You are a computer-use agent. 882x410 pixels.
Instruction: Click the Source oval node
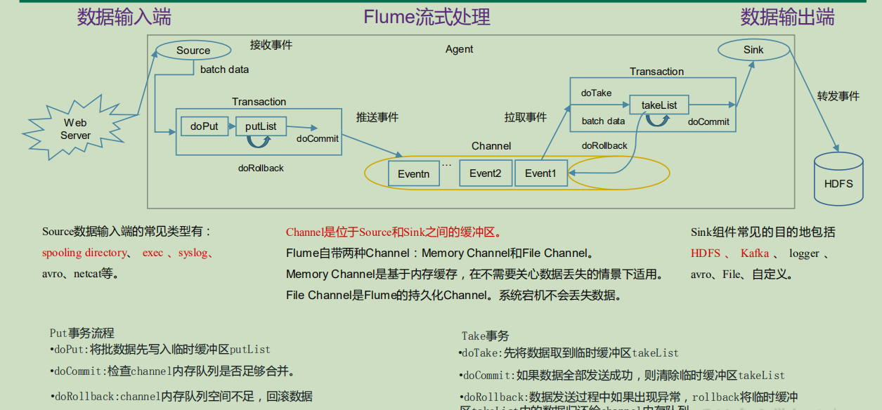tap(193, 50)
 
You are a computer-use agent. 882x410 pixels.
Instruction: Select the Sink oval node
tap(753, 50)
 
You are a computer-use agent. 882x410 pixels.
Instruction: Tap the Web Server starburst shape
tap(75, 129)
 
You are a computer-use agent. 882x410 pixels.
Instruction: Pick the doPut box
tap(204, 126)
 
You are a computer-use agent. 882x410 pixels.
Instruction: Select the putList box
tap(260, 126)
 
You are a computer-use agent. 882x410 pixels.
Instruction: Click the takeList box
tap(659, 105)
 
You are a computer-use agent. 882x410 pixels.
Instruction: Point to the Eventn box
tap(413, 173)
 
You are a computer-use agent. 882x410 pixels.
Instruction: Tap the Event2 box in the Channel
tap(485, 173)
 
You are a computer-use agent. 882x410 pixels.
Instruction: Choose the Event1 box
tap(540, 173)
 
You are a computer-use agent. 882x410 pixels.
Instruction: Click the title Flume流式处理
tap(427, 17)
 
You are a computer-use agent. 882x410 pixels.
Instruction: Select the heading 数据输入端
tap(124, 17)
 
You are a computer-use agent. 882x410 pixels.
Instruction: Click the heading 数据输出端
tap(787, 17)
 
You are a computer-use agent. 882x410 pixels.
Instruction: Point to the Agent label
tap(459, 49)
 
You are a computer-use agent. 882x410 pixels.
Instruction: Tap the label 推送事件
tap(377, 117)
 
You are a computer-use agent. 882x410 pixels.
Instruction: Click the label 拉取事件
tap(525, 117)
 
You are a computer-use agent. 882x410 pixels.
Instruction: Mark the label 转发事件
tap(838, 95)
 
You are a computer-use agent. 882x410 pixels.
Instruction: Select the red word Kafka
tap(754, 253)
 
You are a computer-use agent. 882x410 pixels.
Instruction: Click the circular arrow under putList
tap(259, 141)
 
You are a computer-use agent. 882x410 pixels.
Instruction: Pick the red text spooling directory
tap(84, 253)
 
